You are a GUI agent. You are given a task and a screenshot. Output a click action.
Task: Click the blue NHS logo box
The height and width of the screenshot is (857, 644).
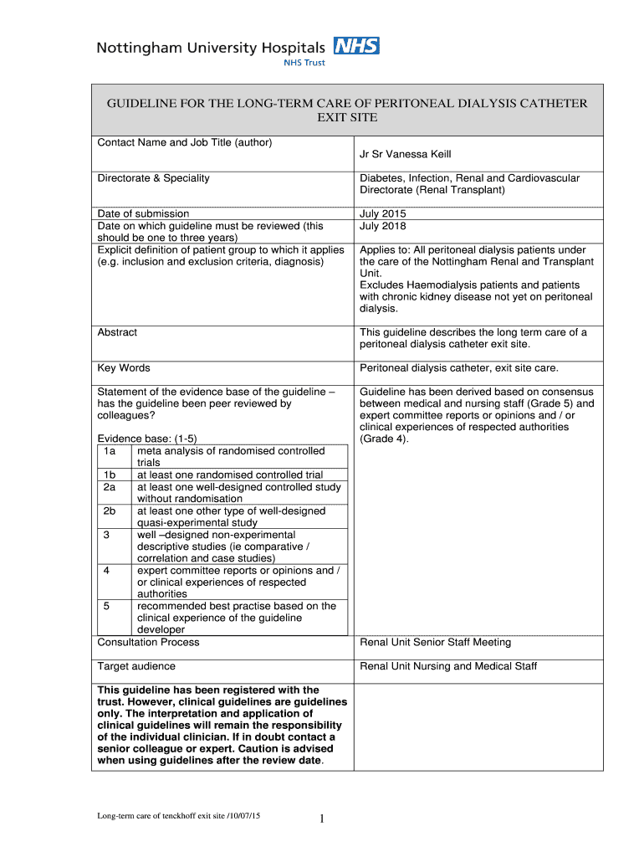356,45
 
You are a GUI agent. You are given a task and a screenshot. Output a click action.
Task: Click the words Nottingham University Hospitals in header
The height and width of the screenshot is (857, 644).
212,48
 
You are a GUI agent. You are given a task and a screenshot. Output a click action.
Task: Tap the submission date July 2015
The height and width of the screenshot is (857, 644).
382,213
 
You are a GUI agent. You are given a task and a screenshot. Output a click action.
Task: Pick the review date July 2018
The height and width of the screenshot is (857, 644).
382,226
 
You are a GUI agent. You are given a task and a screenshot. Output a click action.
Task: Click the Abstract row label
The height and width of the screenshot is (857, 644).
117,332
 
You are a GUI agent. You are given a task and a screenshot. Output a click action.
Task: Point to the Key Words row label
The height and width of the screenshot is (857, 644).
124,368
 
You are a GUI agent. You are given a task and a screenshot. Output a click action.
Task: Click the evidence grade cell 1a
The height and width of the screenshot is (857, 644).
110,451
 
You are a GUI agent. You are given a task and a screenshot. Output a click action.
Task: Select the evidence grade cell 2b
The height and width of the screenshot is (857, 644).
110,511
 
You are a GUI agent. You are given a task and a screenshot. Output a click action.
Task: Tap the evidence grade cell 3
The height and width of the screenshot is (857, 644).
107,535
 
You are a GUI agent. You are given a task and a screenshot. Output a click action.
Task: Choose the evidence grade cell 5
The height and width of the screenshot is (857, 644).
107,606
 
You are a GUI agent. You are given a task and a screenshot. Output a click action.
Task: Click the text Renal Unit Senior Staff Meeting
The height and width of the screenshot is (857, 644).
435,643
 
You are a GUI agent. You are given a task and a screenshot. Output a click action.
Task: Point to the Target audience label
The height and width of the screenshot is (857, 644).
136,666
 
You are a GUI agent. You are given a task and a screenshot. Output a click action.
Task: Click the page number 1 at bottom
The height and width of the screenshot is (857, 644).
321,819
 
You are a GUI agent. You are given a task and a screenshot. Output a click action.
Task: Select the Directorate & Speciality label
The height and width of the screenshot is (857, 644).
153,178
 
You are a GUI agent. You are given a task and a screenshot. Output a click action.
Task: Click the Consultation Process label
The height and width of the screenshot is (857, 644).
148,643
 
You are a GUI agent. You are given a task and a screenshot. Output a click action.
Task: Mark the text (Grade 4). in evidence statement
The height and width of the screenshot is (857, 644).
384,439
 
